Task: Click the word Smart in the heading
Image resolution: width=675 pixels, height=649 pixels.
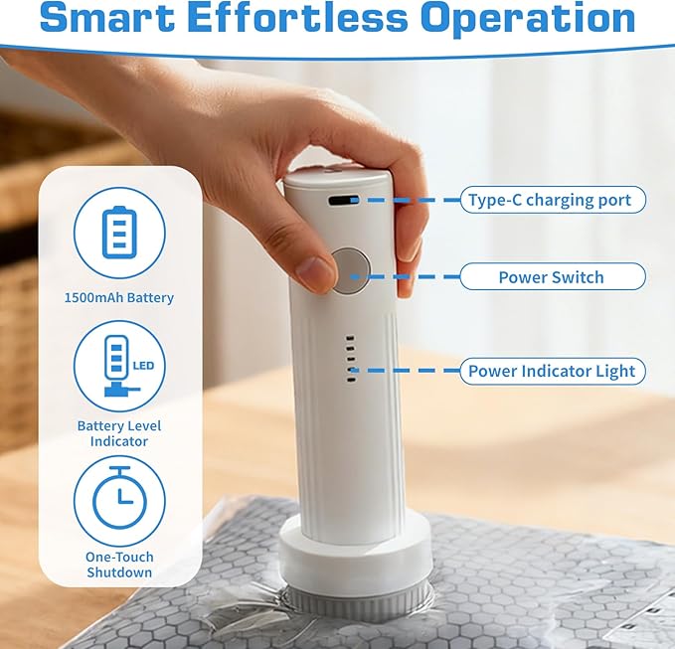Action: (106, 17)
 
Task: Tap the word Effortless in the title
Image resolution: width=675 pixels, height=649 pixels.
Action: (297, 17)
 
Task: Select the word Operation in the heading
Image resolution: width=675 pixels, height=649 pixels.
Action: (528, 19)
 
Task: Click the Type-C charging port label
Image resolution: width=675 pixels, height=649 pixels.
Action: (553, 200)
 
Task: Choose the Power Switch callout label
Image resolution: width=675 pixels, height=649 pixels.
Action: (553, 276)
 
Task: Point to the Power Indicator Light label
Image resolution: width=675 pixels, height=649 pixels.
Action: (553, 371)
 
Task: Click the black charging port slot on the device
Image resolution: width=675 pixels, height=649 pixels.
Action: (344, 200)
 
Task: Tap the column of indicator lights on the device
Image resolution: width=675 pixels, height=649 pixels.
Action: (351, 359)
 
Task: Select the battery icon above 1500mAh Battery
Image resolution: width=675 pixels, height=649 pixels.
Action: (119, 233)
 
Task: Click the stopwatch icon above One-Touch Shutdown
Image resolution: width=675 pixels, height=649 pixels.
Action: (119, 498)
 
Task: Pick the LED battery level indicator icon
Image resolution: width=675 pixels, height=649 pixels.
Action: (122, 366)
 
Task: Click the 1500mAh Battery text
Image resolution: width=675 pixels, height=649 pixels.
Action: (119, 297)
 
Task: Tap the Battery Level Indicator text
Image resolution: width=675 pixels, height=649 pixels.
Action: (119, 433)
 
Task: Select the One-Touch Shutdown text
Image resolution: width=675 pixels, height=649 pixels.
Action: (119, 565)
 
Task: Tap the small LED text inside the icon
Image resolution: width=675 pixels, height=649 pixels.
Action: (143, 366)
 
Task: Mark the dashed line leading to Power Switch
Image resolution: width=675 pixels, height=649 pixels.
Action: (405, 276)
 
